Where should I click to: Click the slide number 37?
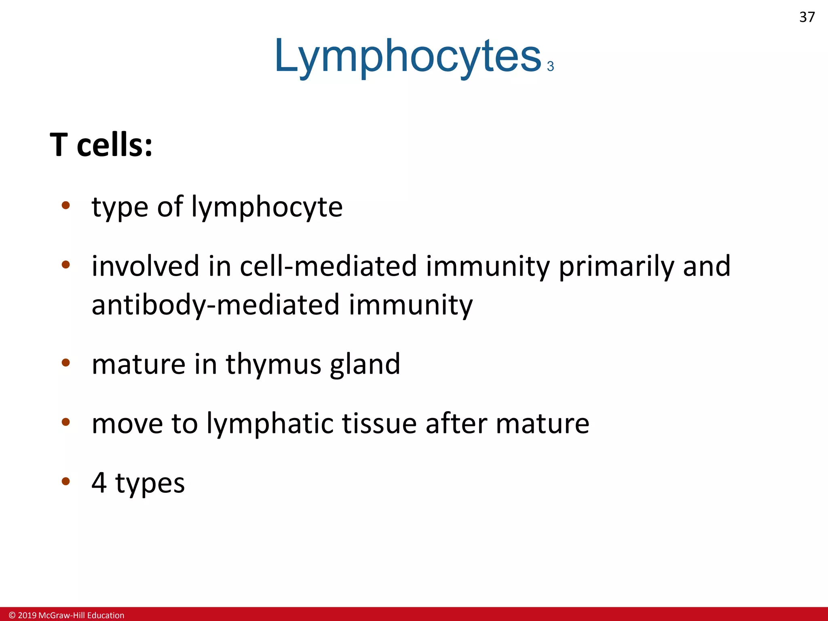807,17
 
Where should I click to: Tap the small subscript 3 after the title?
550,66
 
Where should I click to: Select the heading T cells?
101,145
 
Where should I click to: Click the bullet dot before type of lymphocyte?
65,205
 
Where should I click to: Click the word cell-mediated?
328,266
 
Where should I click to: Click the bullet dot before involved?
65,265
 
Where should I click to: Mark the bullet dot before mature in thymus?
65,363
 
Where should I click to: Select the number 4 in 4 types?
99,482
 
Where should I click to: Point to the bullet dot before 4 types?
65,481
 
